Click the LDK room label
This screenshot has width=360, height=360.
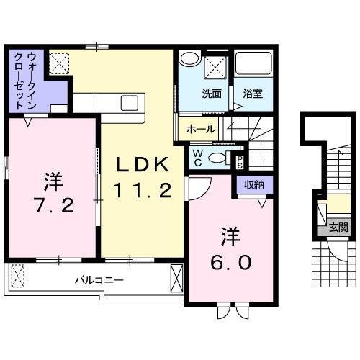(143, 165)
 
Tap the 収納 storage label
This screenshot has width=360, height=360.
(253, 185)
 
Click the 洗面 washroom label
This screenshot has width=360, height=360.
(211, 93)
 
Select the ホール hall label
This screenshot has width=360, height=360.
(199, 130)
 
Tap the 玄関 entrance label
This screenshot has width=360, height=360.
(338, 228)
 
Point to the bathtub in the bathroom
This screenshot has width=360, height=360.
(254, 67)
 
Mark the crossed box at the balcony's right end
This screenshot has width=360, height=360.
(176, 277)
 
